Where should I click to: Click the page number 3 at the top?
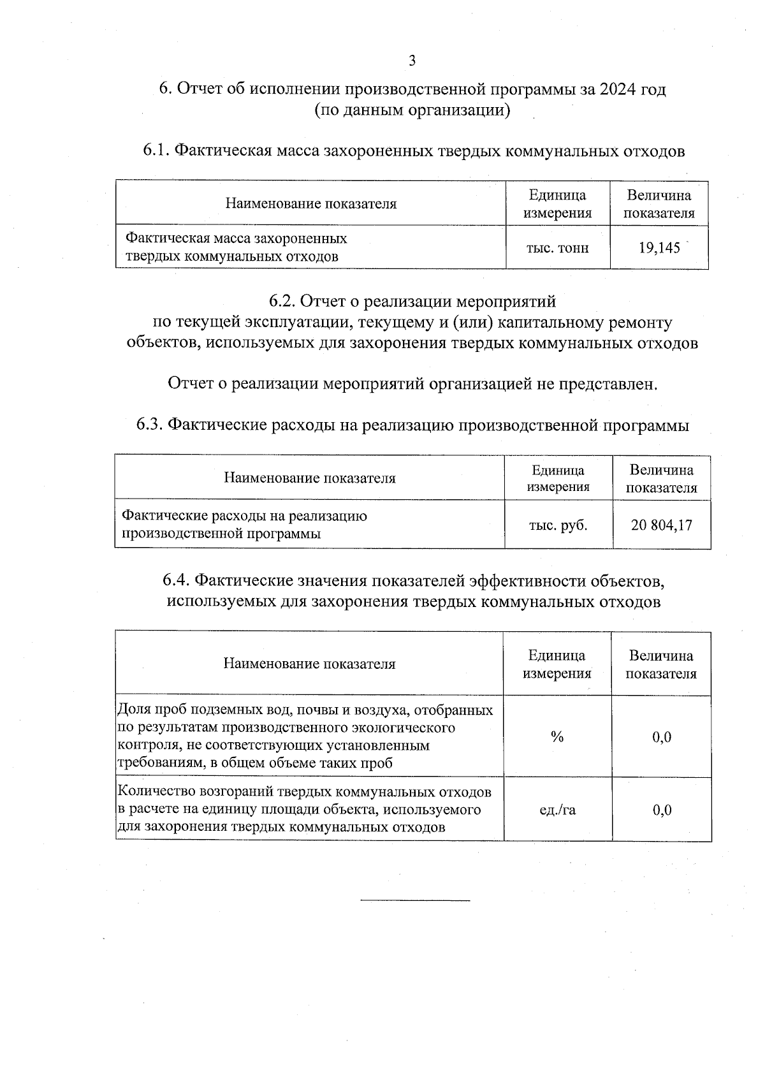[x=412, y=61]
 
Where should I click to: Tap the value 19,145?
[x=660, y=247]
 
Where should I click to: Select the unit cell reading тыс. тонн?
[x=557, y=247]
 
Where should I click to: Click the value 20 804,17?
[x=661, y=525]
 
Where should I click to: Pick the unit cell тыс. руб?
[x=558, y=525]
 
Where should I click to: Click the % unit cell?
[x=557, y=737]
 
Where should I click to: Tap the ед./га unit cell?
[x=557, y=810]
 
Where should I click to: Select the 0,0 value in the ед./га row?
[x=662, y=810]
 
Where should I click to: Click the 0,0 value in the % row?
[x=662, y=737]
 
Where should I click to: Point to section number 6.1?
[x=156, y=151]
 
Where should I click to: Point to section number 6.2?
[x=281, y=300]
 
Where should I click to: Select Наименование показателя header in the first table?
[x=310, y=204]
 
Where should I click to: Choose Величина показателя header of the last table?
[x=661, y=664]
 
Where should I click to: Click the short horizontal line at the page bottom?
[x=415, y=900]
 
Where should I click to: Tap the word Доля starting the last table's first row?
[x=132, y=710]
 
